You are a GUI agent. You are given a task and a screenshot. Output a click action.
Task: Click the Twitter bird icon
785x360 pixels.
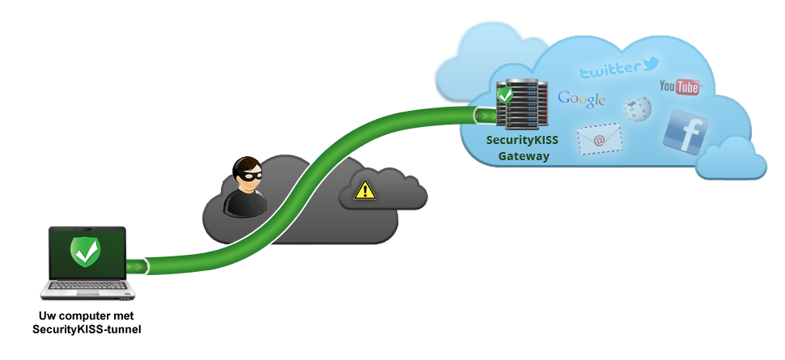point(650,64)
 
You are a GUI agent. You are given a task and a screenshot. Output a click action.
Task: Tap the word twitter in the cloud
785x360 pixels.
point(609,70)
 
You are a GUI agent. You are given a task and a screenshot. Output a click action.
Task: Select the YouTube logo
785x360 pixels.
point(680,87)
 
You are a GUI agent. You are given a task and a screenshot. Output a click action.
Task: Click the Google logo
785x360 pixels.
point(581,100)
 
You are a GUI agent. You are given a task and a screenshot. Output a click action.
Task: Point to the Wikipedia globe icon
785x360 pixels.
point(638,109)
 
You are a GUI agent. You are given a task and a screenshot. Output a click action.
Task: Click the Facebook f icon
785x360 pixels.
point(685,132)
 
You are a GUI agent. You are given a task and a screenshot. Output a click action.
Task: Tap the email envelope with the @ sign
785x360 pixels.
point(600,139)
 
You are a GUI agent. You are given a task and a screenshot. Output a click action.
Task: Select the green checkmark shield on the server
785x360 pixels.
point(505,95)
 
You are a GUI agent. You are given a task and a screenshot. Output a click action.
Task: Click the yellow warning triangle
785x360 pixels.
point(365,190)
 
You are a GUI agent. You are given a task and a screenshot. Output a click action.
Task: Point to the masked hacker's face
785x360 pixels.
point(248,176)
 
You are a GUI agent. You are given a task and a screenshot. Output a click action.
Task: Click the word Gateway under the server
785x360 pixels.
point(524,156)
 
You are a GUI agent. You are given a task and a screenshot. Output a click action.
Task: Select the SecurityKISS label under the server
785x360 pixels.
point(522,140)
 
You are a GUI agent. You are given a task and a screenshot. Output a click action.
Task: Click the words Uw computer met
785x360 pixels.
point(86,316)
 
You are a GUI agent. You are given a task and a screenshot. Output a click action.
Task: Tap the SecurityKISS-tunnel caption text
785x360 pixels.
point(87,329)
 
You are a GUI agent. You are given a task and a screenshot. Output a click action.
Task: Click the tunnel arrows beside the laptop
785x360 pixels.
point(137,266)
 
